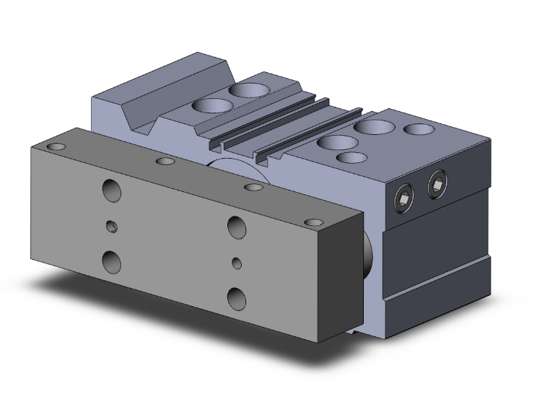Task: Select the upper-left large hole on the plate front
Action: (112, 191)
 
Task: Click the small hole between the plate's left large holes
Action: (112, 227)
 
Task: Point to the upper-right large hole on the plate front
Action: (236, 226)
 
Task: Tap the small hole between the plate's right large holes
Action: (237, 262)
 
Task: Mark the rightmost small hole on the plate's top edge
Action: (313, 222)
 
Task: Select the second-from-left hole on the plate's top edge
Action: (165, 160)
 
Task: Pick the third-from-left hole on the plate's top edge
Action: (253, 188)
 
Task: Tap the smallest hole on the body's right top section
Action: (350, 157)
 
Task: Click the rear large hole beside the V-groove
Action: (248, 90)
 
